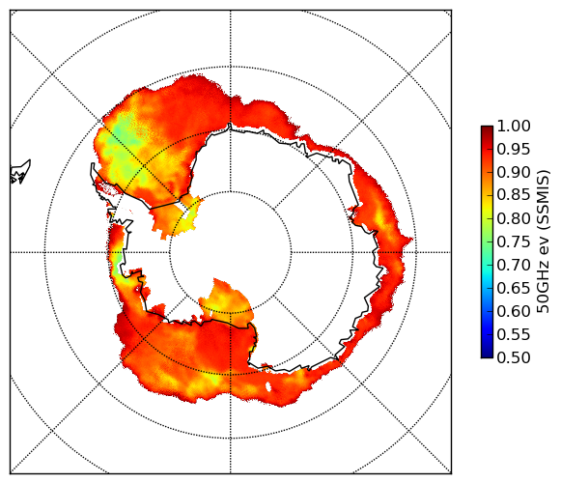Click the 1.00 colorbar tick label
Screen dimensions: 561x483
514,126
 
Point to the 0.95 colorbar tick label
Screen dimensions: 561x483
514,150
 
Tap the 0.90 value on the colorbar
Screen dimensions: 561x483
514,172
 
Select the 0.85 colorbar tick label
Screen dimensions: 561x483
514,195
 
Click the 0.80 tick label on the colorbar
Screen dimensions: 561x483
514,218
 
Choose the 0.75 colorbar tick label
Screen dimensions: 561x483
514,241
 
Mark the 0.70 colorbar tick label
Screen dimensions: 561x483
514,265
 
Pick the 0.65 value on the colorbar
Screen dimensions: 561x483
514,288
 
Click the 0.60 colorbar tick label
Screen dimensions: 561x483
514,311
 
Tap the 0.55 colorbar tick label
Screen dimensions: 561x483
514,334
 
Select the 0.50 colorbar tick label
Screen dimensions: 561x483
514,357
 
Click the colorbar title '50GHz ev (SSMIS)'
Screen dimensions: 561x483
544,241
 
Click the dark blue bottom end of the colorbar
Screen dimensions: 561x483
487,355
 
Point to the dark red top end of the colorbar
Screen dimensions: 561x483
487,128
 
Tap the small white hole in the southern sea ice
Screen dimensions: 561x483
268,386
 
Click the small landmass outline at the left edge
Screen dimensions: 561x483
20,172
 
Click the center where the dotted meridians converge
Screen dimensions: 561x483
230,252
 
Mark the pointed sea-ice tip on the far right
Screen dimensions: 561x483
411,239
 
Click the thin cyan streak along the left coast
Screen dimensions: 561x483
116,263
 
